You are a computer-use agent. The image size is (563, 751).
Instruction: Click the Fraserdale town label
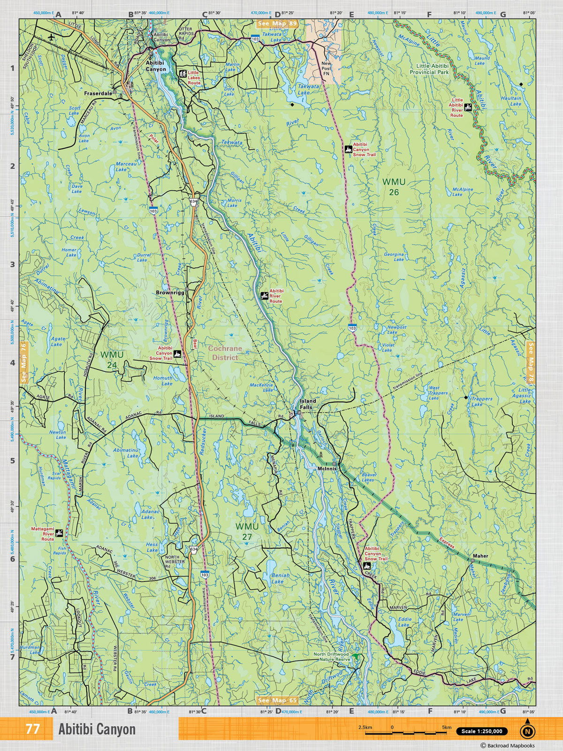[x=98, y=93]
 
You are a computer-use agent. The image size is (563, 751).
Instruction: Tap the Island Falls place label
[x=308, y=404]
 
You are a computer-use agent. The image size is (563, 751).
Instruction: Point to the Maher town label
[x=480, y=556]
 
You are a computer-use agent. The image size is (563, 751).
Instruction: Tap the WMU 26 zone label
[x=394, y=186]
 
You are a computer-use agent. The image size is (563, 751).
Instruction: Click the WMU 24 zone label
[x=112, y=360]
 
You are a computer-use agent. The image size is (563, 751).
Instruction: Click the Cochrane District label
[x=223, y=353]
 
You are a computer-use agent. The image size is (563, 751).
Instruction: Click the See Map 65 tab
[x=277, y=701]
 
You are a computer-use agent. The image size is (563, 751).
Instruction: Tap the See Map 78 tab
[x=531, y=362]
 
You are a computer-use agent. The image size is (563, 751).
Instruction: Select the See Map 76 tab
[x=23, y=362]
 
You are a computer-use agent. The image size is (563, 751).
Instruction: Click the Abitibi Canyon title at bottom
[x=97, y=729]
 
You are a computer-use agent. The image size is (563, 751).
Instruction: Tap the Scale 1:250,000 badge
[x=481, y=731]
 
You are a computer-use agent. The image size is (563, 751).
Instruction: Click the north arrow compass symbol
[x=527, y=730]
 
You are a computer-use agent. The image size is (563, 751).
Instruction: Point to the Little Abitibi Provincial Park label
[x=429, y=69]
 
